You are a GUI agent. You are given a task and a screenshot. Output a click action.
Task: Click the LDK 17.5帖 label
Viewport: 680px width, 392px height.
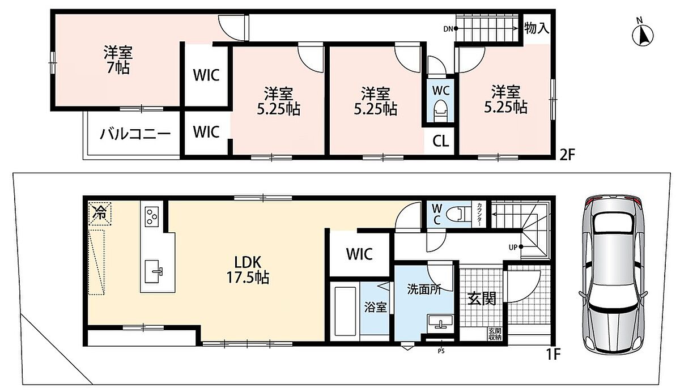click(248, 270)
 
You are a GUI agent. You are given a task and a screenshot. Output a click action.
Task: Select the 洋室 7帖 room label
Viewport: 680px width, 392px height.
click(118, 59)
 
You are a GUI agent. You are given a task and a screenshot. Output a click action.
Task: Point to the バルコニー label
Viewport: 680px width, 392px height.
click(135, 134)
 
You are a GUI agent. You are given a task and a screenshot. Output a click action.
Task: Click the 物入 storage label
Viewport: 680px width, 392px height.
click(537, 28)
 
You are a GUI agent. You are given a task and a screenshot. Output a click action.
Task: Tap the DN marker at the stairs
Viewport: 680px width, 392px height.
click(450, 29)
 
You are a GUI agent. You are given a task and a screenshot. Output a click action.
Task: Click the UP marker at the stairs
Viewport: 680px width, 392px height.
click(516, 248)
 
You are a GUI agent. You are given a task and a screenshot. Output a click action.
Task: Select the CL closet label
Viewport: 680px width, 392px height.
click(440, 141)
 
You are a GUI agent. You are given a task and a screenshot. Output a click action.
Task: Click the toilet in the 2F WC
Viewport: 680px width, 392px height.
click(440, 111)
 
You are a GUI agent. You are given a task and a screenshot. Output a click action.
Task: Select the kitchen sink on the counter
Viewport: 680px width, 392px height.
click(154, 271)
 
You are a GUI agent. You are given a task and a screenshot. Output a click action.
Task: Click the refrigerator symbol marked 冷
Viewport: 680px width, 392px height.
click(100, 214)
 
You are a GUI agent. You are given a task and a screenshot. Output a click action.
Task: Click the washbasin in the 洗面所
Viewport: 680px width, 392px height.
click(440, 322)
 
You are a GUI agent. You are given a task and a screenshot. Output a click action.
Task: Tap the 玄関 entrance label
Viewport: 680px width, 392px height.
click(482, 299)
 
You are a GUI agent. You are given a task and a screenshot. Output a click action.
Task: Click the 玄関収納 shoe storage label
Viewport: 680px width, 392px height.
click(495, 334)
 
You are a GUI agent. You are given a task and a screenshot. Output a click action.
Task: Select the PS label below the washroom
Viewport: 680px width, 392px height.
click(441, 351)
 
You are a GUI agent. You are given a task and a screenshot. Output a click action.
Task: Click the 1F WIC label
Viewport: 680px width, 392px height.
click(359, 254)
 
